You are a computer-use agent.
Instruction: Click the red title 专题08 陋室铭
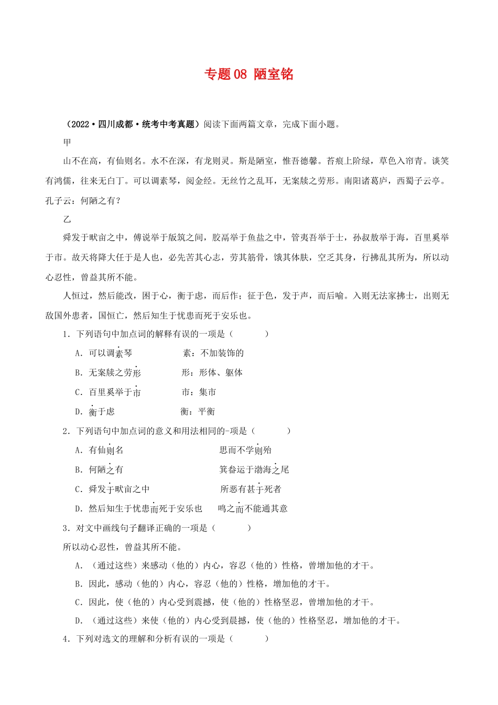pos(248,74)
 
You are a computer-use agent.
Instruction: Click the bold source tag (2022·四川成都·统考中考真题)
pos(131,124)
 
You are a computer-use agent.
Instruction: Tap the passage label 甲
pos(67,142)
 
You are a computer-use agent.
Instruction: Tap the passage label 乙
pos(67,219)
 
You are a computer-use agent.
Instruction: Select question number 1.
pos(66,334)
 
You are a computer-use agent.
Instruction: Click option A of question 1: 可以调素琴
pos(110,354)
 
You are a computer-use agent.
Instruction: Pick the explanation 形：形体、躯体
pos(212,372)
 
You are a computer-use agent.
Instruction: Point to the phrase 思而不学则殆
pos(245,450)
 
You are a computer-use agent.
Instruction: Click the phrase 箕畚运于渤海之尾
pos(254,469)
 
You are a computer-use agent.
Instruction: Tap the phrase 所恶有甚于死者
pos(251,489)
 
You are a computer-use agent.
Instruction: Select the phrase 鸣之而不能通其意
pos(253,508)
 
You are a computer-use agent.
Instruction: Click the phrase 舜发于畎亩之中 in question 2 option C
pos(119,489)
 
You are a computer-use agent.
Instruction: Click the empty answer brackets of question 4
pos(249,638)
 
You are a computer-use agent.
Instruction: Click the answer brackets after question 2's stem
pos(271,431)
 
